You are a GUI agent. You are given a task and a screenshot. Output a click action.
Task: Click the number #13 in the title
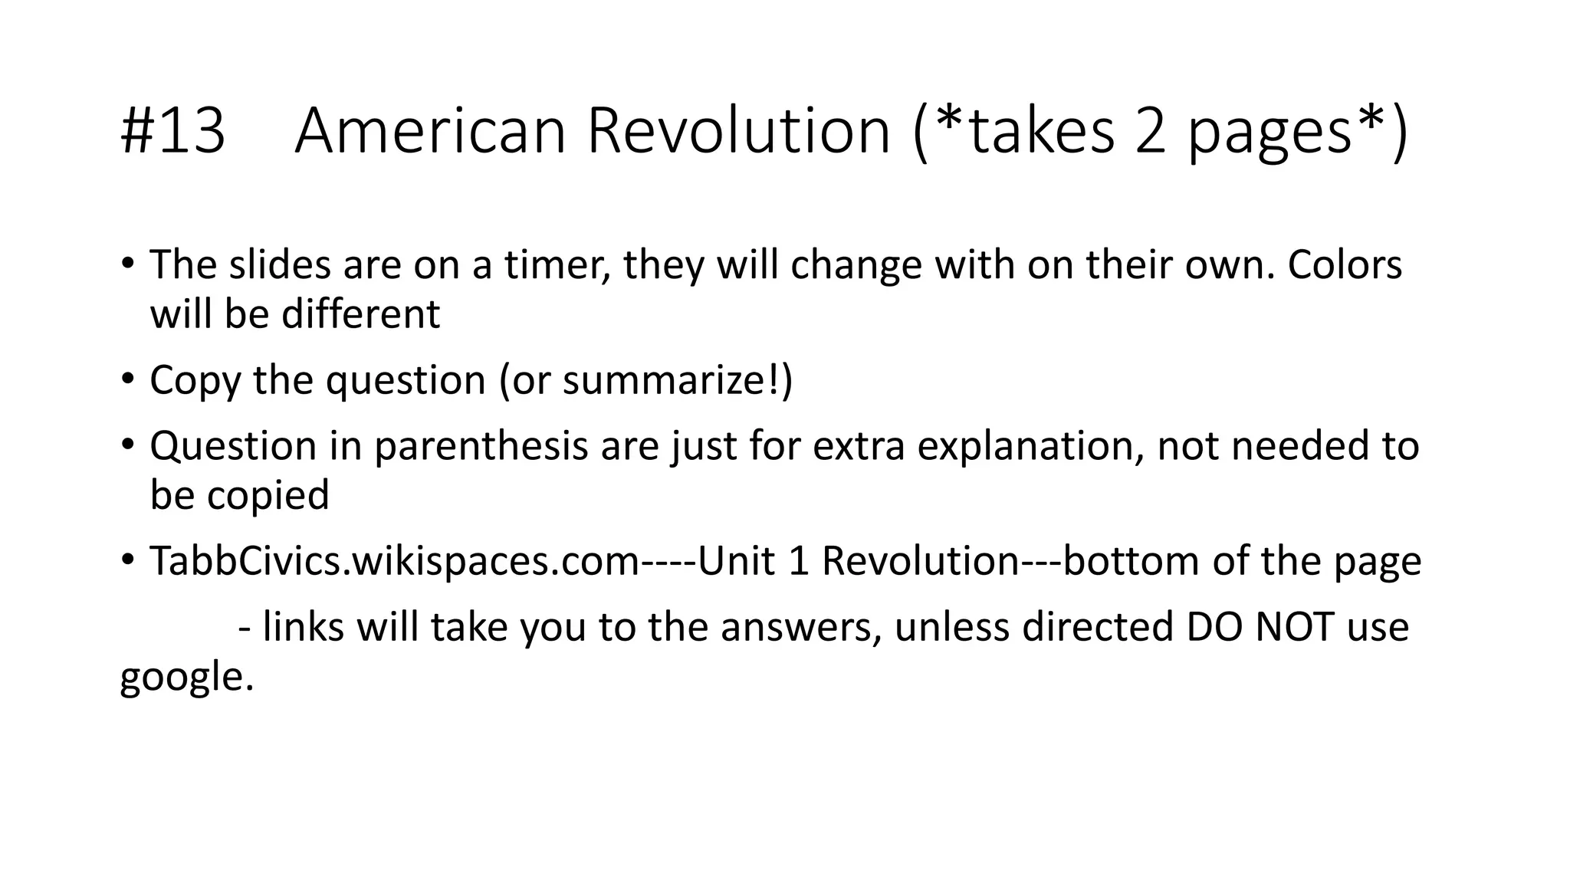[x=173, y=131]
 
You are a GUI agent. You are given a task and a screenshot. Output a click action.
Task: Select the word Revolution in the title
[x=738, y=131]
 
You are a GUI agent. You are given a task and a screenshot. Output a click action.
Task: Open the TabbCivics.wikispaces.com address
[x=394, y=561]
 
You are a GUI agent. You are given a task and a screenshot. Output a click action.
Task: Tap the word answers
[x=801, y=627]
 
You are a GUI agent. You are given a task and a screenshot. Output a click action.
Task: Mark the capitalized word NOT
[x=1295, y=627]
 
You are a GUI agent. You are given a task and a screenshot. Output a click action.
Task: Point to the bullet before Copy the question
[x=127, y=378]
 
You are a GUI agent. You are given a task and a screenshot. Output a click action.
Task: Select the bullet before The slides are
[x=127, y=263]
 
